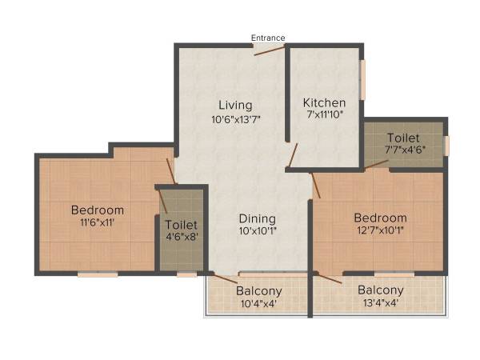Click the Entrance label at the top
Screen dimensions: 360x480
(268, 38)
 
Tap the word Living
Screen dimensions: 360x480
(236, 105)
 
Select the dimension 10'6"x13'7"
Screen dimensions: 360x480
(236, 119)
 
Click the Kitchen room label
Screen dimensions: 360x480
(324, 102)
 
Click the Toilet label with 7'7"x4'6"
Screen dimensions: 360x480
(402, 137)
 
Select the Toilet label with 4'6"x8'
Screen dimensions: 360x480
(181, 225)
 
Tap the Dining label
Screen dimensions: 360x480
(257, 218)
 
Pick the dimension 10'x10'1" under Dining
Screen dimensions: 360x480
(257, 232)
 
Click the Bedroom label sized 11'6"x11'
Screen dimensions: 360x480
(98, 210)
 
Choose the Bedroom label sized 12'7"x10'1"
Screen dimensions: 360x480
(380, 218)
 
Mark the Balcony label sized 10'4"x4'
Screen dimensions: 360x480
(258, 290)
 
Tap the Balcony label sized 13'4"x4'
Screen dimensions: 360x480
(380, 290)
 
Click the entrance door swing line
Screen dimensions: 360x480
(270, 50)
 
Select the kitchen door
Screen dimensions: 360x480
(294, 155)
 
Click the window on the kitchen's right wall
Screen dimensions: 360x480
(362, 80)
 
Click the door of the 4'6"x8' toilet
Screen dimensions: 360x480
(163, 201)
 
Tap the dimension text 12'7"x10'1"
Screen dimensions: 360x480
(380, 231)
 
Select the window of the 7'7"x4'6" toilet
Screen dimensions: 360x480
(446, 145)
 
